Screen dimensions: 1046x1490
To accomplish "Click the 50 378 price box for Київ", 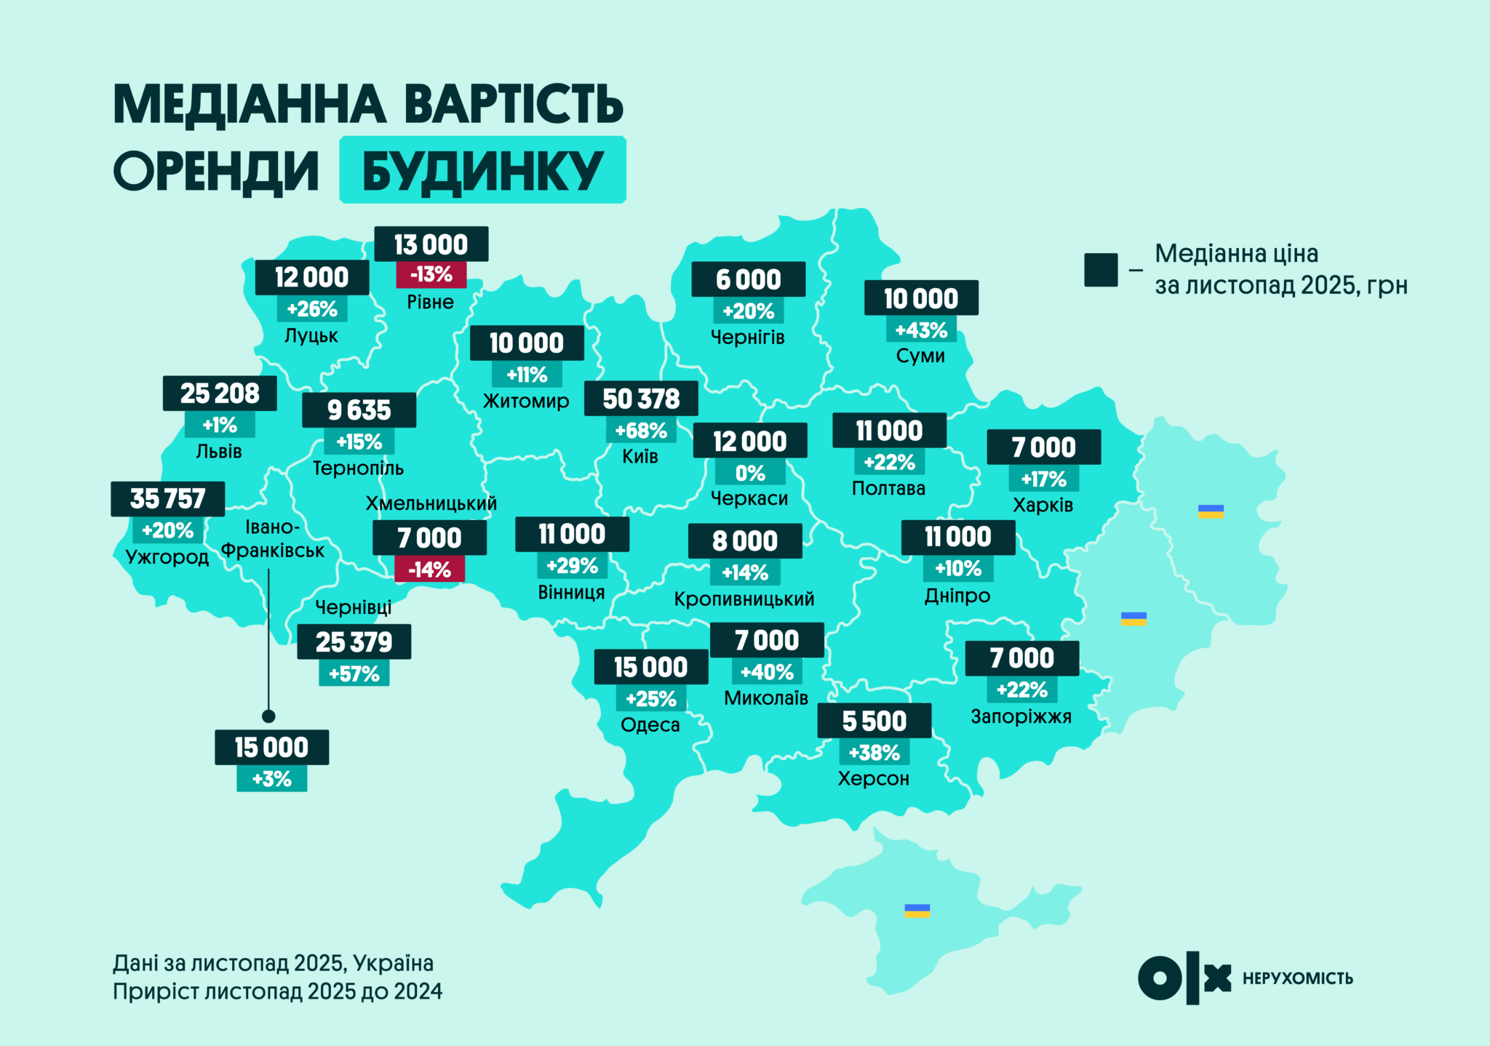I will (641, 399).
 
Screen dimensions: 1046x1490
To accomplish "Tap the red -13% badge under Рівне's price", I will (431, 275).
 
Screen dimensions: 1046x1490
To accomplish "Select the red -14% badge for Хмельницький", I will (429, 570).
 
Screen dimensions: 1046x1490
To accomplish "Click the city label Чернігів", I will (747, 338).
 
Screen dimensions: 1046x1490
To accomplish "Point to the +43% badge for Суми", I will (920, 330).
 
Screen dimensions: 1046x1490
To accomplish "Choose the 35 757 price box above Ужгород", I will (167, 499).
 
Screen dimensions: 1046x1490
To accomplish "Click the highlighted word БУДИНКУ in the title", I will (482, 170).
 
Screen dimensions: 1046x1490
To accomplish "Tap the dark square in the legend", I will (1100, 270).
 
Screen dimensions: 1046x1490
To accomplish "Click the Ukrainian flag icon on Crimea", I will (917, 911).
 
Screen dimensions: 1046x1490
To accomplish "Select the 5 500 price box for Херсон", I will (874, 721).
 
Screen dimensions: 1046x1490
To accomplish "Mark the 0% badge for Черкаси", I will (749, 474).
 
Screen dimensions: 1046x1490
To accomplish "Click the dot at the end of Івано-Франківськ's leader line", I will (268, 716).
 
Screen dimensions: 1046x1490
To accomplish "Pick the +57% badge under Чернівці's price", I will (354, 674).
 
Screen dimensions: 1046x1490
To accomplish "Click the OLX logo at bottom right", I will (1184, 978).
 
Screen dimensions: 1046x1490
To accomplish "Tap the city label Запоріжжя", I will (1021, 717).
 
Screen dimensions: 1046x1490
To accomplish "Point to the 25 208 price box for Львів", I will (219, 394).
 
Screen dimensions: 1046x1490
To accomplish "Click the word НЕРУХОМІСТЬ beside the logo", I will (1297, 979).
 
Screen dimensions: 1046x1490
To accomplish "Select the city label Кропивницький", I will (744, 599).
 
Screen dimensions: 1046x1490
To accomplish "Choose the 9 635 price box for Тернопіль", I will (359, 410).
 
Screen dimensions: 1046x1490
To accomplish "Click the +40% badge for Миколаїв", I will (766, 672).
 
